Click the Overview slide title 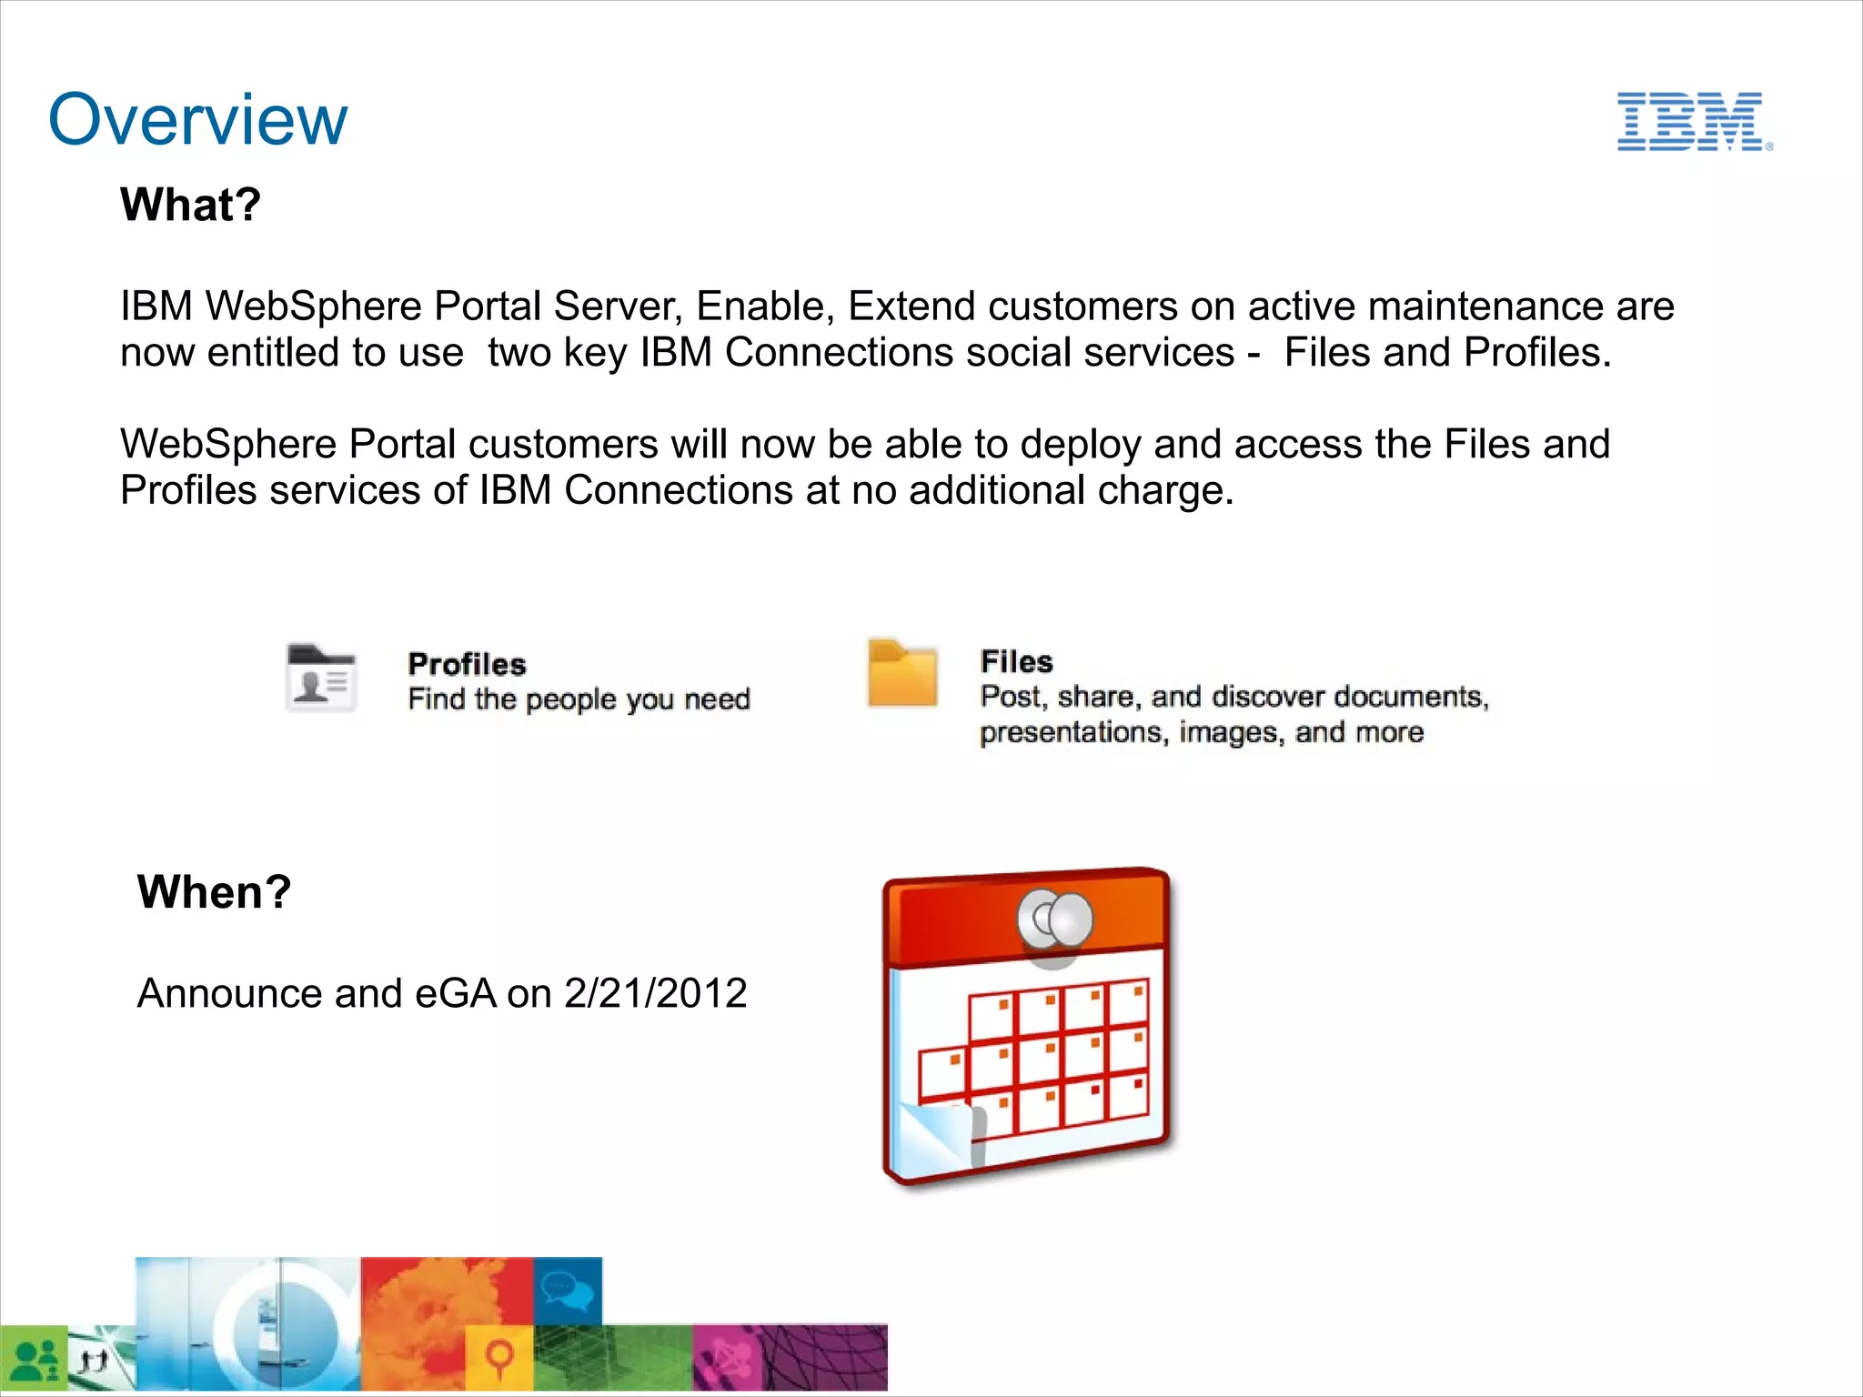tap(197, 119)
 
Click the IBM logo tap(1692, 121)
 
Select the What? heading tap(190, 205)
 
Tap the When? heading tap(214, 892)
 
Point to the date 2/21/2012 tap(655, 993)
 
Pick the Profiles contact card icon tap(320, 678)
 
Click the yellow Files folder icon tap(901, 674)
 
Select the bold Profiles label tap(467, 665)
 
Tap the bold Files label tap(1016, 662)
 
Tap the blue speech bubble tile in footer tap(567, 1290)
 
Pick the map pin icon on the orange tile tap(498, 1357)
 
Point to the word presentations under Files tap(1073, 732)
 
